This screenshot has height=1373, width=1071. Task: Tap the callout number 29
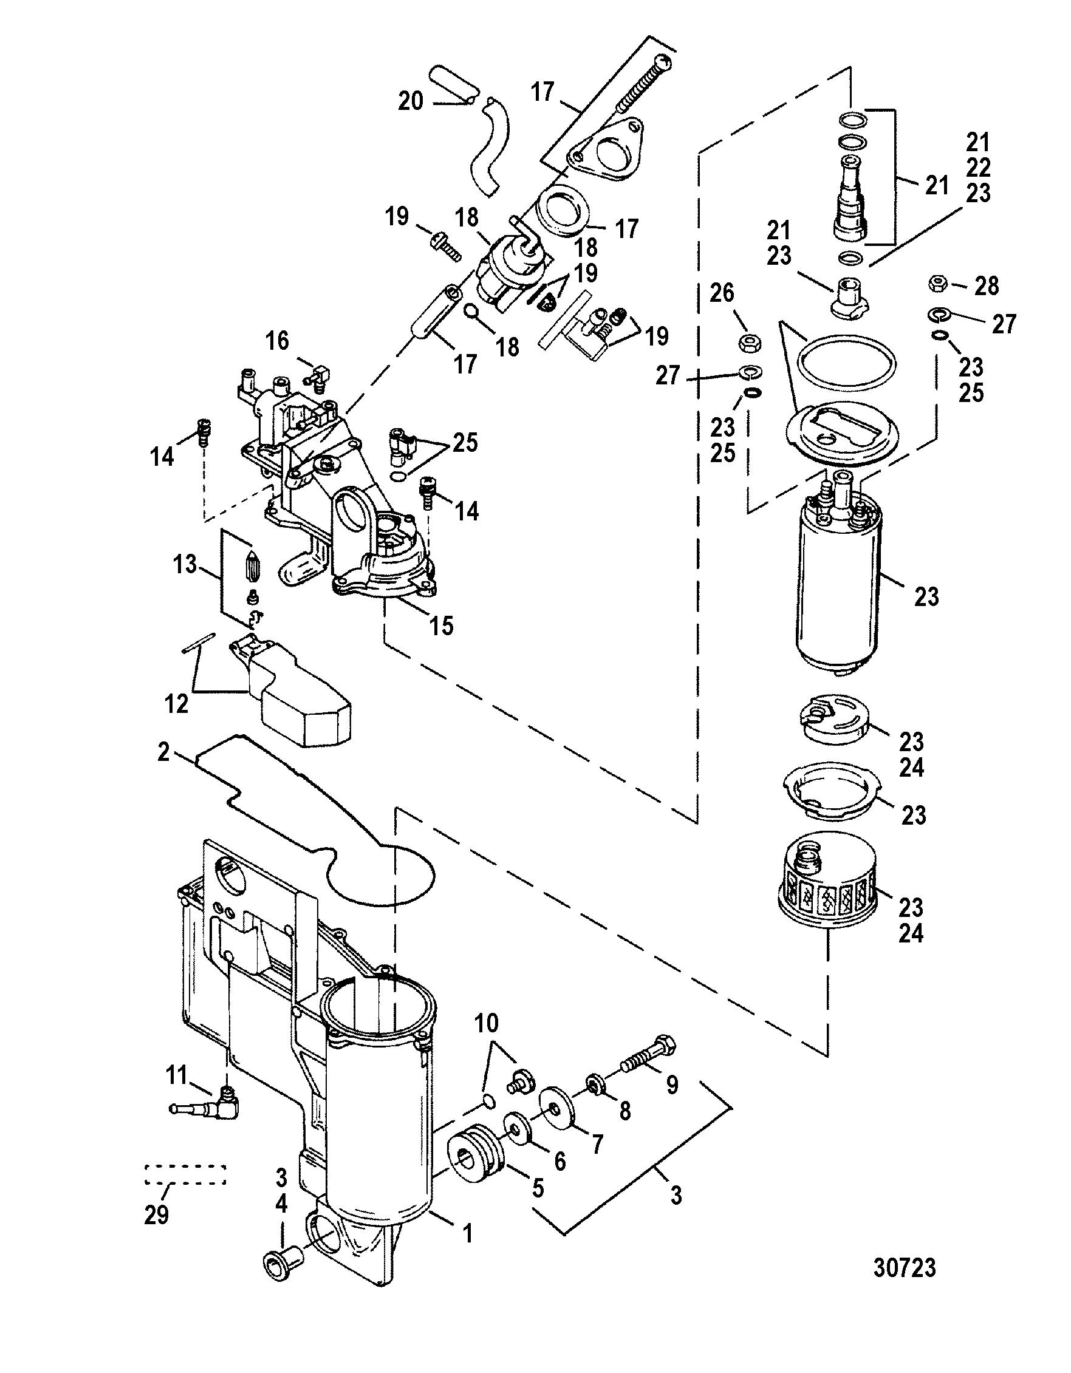[156, 1215]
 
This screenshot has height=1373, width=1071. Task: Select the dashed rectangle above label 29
[185, 1174]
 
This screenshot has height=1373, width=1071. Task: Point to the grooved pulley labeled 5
[476, 1155]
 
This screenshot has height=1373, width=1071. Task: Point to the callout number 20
[411, 101]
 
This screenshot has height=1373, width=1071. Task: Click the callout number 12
[177, 703]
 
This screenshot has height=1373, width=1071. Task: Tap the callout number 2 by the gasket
[163, 752]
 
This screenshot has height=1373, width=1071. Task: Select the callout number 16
[277, 341]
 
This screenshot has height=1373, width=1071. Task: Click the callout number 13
[185, 564]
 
